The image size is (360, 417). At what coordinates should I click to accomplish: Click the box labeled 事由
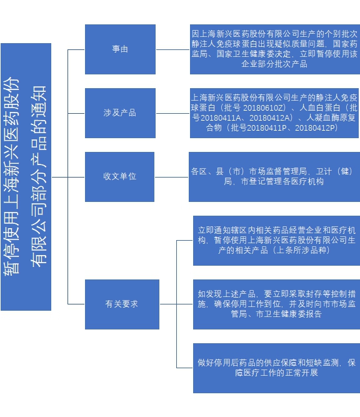click(x=120, y=49)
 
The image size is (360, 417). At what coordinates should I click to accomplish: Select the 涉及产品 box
click(x=120, y=113)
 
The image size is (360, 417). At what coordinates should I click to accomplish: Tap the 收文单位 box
click(x=119, y=177)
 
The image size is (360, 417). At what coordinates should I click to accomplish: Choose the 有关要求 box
click(x=122, y=304)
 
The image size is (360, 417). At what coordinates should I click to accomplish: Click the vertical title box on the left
click(x=26, y=177)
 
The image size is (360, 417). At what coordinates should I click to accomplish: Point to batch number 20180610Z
click(x=264, y=108)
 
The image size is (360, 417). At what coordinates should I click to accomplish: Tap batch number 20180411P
click(x=267, y=128)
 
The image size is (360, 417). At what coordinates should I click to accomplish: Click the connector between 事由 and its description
click(x=173, y=49)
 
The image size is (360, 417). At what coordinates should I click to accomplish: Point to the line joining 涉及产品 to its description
click(x=173, y=113)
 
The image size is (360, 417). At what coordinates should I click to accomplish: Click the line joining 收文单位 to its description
click(x=171, y=177)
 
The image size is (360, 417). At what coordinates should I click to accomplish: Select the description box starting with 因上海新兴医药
click(x=275, y=49)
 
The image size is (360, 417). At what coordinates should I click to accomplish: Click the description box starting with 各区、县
click(x=274, y=177)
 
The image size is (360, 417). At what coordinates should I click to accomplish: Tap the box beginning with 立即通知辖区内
click(x=276, y=241)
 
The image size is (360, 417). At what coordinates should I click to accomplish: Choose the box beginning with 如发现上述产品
click(x=276, y=304)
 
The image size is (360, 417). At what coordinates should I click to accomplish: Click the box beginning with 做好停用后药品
click(x=276, y=368)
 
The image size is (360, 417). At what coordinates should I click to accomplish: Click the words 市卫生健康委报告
click(x=289, y=314)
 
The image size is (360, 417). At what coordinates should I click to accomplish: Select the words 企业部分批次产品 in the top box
click(x=274, y=64)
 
